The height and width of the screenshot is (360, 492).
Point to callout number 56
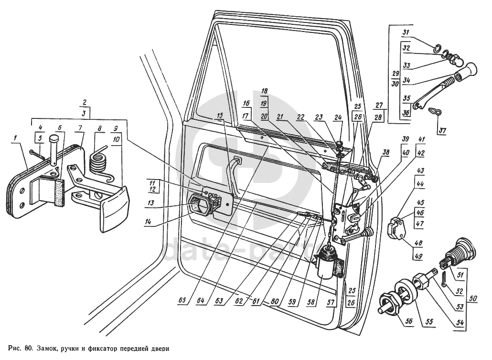click(x=396, y=322)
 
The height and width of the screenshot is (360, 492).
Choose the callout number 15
click(x=219, y=116)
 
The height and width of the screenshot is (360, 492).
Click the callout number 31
click(x=406, y=32)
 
